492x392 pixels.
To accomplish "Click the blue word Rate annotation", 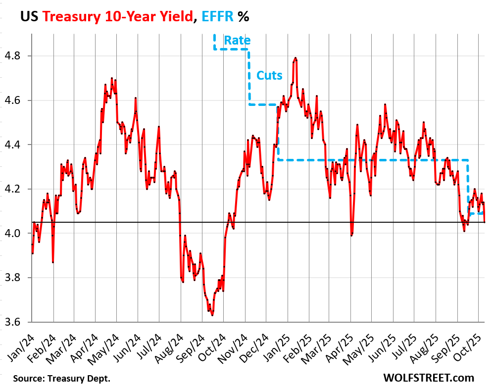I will (x=237, y=41).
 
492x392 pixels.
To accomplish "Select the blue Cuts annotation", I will (x=269, y=76).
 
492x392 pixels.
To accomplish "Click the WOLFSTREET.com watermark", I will (x=428, y=378).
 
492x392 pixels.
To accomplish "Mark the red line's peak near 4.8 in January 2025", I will (x=295, y=58).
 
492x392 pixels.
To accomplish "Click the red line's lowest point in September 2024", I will (x=212, y=315).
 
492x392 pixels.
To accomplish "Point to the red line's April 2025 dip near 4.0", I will (x=351, y=235).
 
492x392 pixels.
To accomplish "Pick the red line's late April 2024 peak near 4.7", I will (x=112, y=78).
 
